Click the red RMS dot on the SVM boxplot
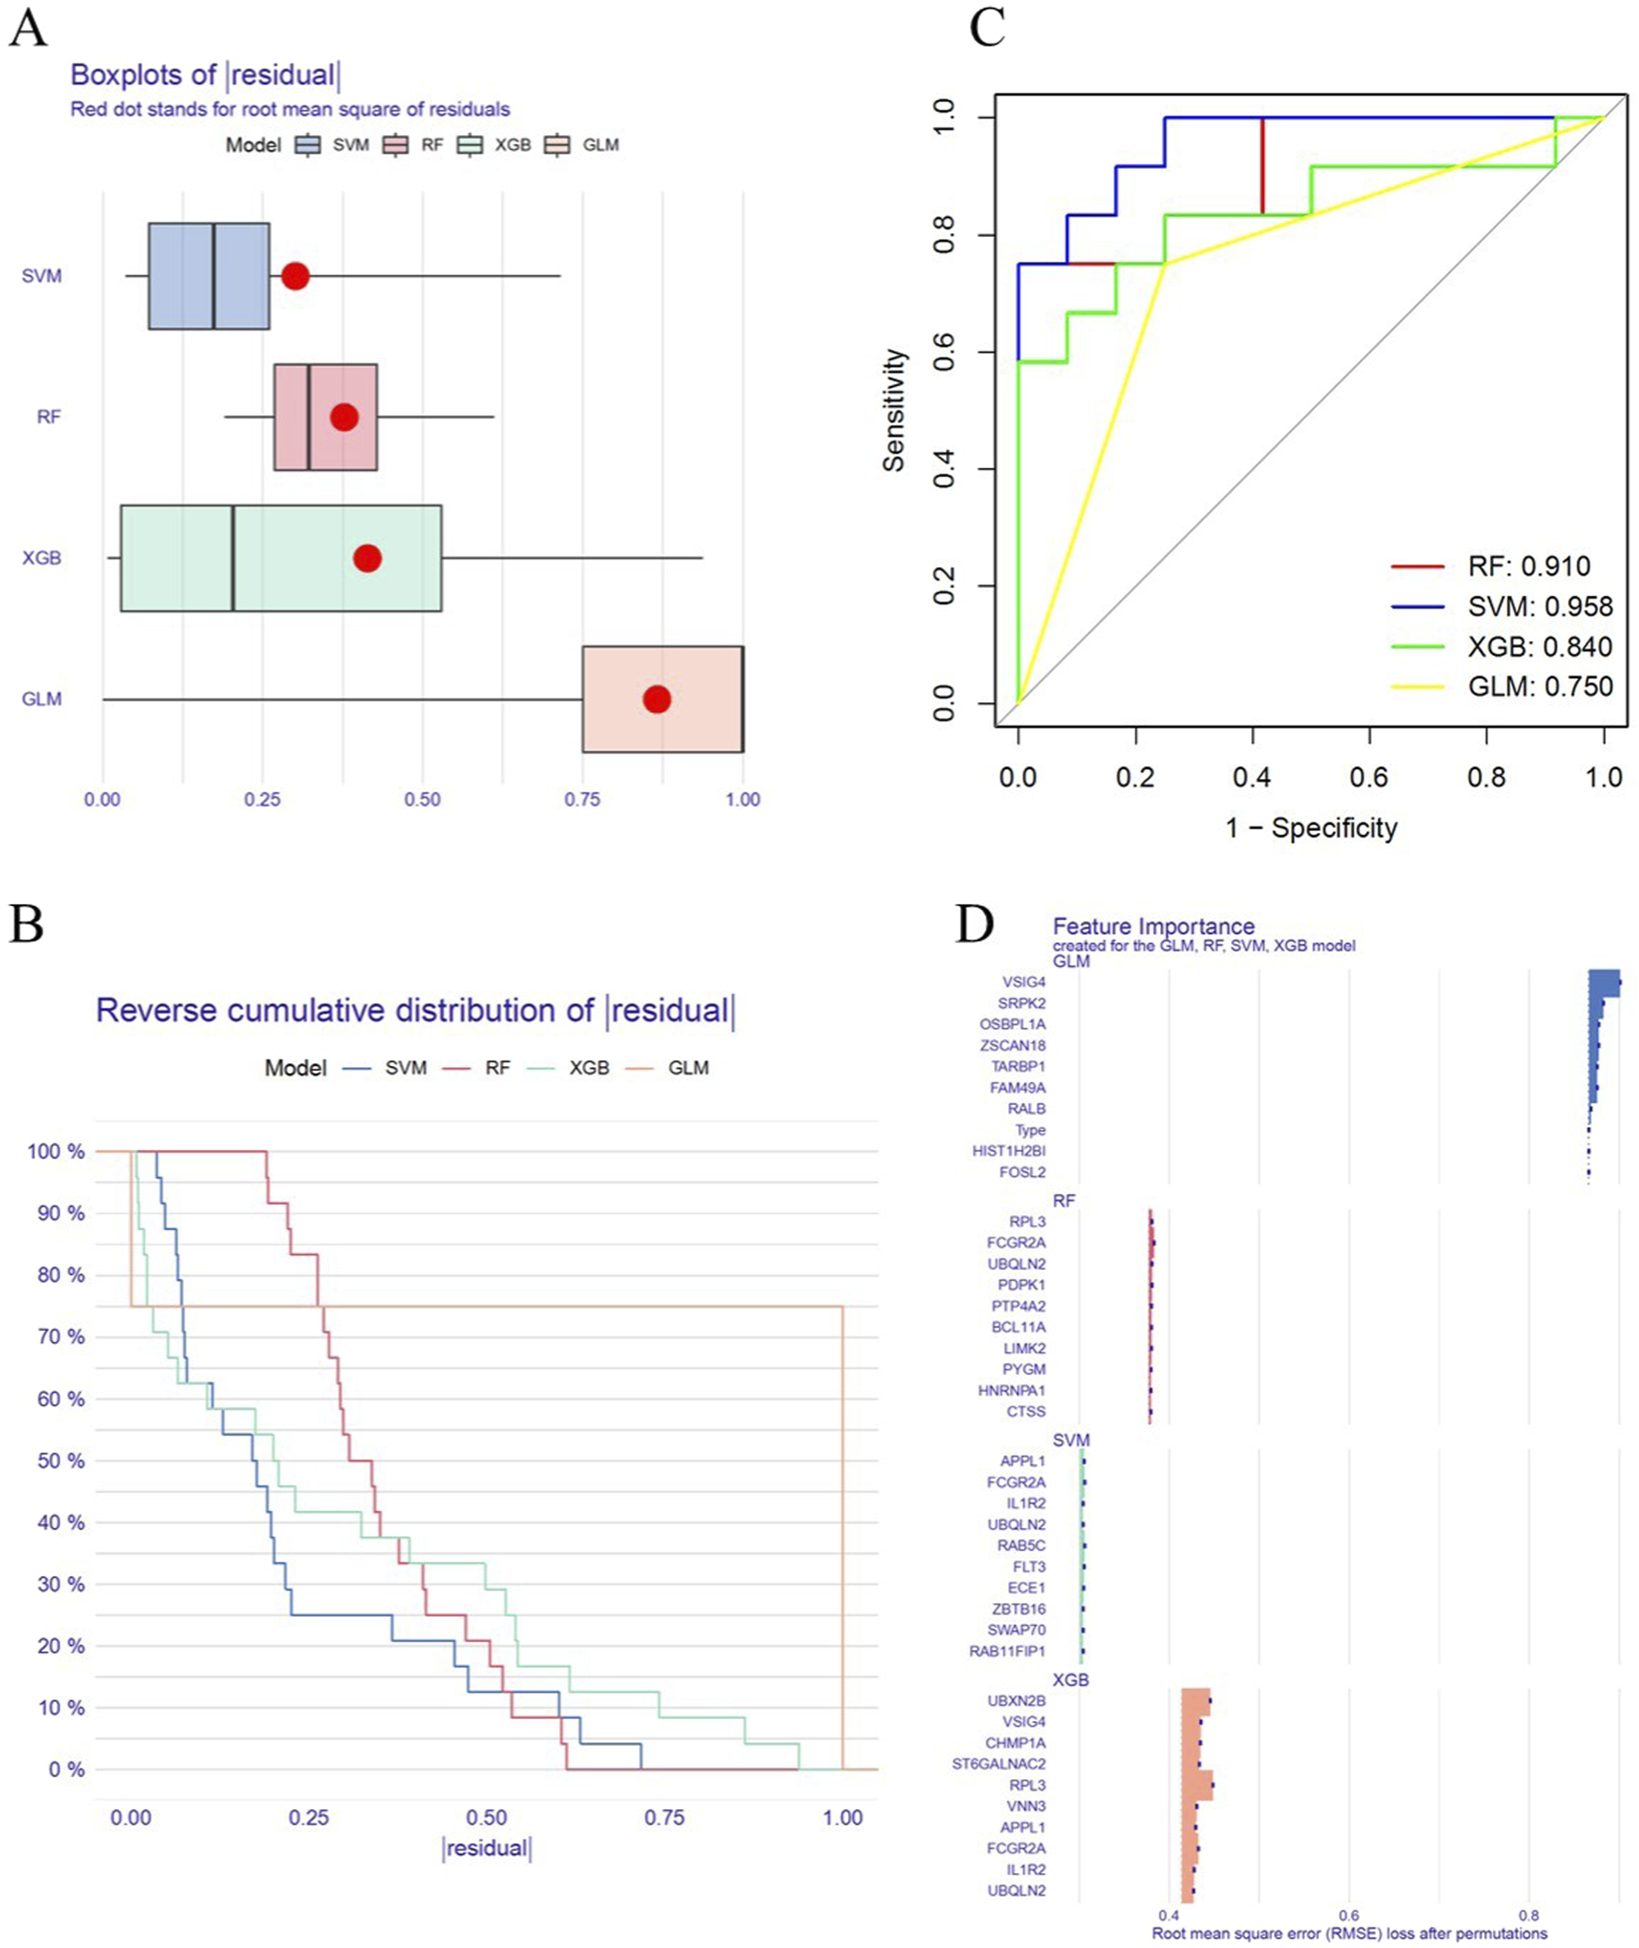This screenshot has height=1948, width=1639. pyautogui.click(x=295, y=276)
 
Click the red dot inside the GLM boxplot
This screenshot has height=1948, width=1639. pyautogui.click(x=657, y=699)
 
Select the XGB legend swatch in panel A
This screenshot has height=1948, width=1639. pyautogui.click(x=471, y=145)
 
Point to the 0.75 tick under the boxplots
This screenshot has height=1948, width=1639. pyautogui.click(x=582, y=800)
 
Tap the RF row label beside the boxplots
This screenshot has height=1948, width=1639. pyautogui.click(x=48, y=417)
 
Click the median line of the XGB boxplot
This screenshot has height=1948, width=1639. pyautogui.click(x=233, y=559)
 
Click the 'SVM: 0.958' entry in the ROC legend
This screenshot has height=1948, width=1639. pyautogui.click(x=1540, y=607)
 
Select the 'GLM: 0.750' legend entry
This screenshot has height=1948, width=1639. pyautogui.click(x=1540, y=687)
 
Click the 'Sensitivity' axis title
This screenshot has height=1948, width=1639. pyautogui.click(x=893, y=410)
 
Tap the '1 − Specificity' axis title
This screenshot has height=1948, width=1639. pyautogui.click(x=1311, y=828)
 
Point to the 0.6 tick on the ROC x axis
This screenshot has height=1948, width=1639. pyautogui.click(x=1369, y=777)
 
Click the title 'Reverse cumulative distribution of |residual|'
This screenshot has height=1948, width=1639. pyautogui.click(x=415, y=1011)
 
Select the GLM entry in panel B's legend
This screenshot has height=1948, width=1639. pyautogui.click(x=687, y=1068)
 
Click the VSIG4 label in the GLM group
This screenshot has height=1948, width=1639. pyautogui.click(x=1023, y=983)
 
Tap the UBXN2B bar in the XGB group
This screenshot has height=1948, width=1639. pyautogui.click(x=1196, y=1701)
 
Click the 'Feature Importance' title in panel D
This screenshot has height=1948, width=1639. pyautogui.click(x=1153, y=926)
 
